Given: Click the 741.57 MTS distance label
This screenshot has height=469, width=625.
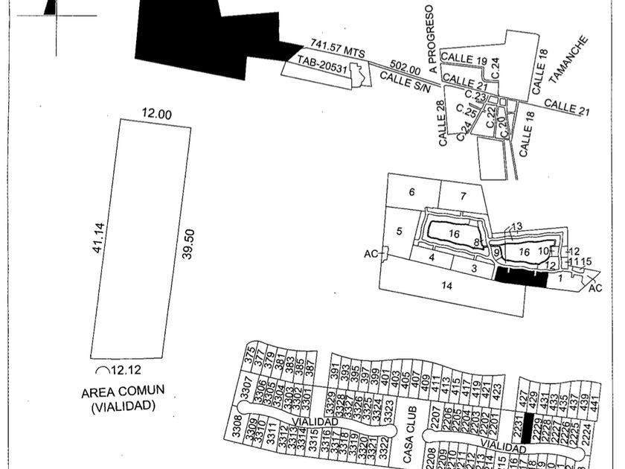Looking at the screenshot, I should pyautogui.click(x=338, y=49).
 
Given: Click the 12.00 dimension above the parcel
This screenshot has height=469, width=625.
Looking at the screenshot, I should pyautogui.click(x=156, y=114).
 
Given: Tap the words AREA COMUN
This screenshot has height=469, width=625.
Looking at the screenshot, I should pyautogui.click(x=123, y=391).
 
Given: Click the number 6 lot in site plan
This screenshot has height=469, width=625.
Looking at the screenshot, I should pyautogui.click(x=411, y=192).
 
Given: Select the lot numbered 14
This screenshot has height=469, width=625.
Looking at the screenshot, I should pyautogui.click(x=446, y=285).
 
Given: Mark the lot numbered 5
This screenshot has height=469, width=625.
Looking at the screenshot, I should pyautogui.click(x=399, y=232).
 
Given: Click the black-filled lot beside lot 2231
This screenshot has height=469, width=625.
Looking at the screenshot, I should pyautogui.click(x=528, y=427).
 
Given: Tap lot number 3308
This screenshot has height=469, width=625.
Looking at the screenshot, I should pyautogui.click(x=237, y=430).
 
